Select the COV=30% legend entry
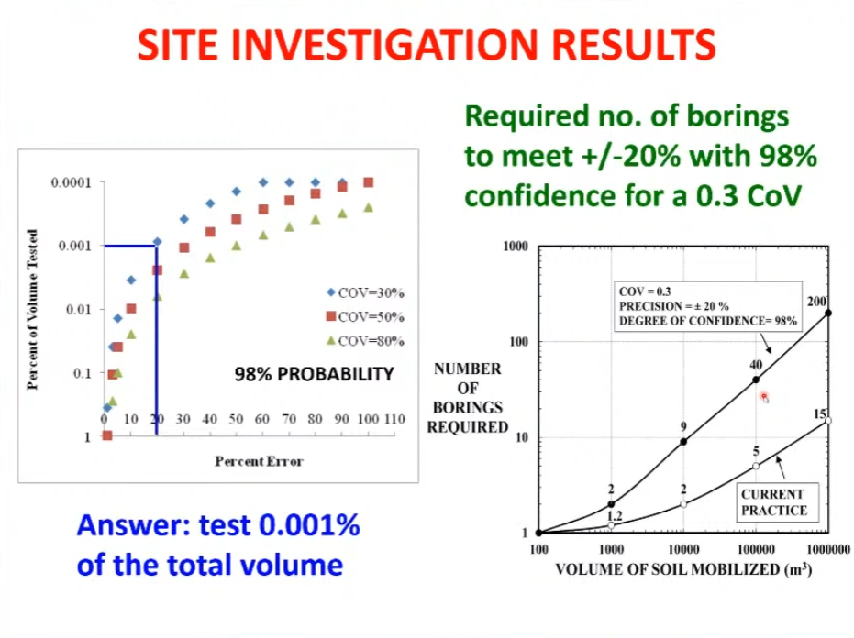coord(365,292)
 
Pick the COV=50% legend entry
coord(365,317)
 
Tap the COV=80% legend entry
coord(365,341)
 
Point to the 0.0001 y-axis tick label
coord(72,183)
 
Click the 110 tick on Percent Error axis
coord(394,419)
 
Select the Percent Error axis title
coord(259,462)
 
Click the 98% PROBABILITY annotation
coord(315,374)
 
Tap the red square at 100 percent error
coord(369,182)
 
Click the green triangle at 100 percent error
coord(369,207)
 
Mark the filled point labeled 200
coord(828,313)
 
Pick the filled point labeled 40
coord(756,380)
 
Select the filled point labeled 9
coord(683,442)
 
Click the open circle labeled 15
coord(828,421)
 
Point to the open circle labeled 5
coord(756,466)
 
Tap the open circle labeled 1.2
coord(611,525)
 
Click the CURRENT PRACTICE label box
coord(777,502)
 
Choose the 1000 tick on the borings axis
coord(516,247)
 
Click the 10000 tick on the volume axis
coord(683,549)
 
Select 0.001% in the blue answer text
coord(309,525)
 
